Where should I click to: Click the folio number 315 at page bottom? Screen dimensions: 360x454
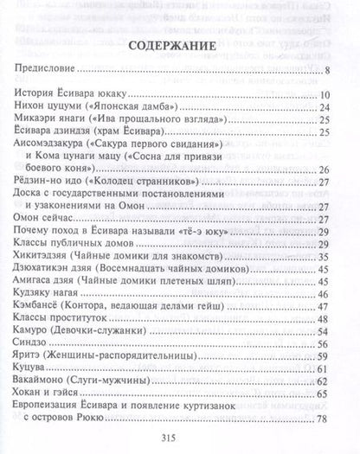180,440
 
